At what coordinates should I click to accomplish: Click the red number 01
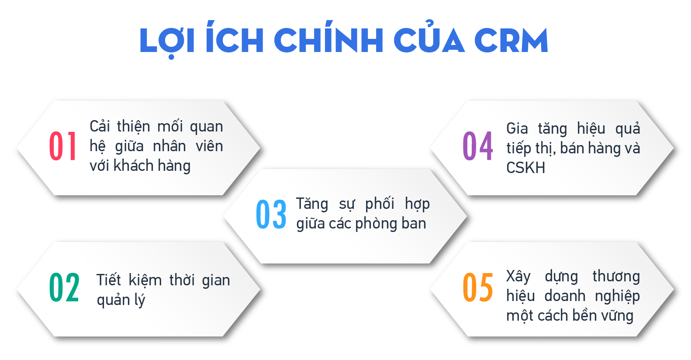[x=63, y=146]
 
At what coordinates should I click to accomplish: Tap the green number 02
[x=64, y=287]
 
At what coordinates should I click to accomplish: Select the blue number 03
[x=271, y=214]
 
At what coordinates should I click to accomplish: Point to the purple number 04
[x=478, y=146]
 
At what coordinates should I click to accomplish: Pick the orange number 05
[x=478, y=287]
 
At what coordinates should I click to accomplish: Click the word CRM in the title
[x=511, y=41]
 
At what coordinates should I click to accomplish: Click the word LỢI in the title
[x=167, y=41]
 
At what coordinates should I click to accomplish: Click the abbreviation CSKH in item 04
[x=525, y=168]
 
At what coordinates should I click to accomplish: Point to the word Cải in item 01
[x=100, y=126]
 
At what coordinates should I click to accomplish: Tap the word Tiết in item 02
[x=108, y=280]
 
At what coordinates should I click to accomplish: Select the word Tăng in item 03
[x=312, y=204]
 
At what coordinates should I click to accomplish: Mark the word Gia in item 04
[x=517, y=128]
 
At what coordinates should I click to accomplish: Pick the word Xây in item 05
[x=518, y=277]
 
